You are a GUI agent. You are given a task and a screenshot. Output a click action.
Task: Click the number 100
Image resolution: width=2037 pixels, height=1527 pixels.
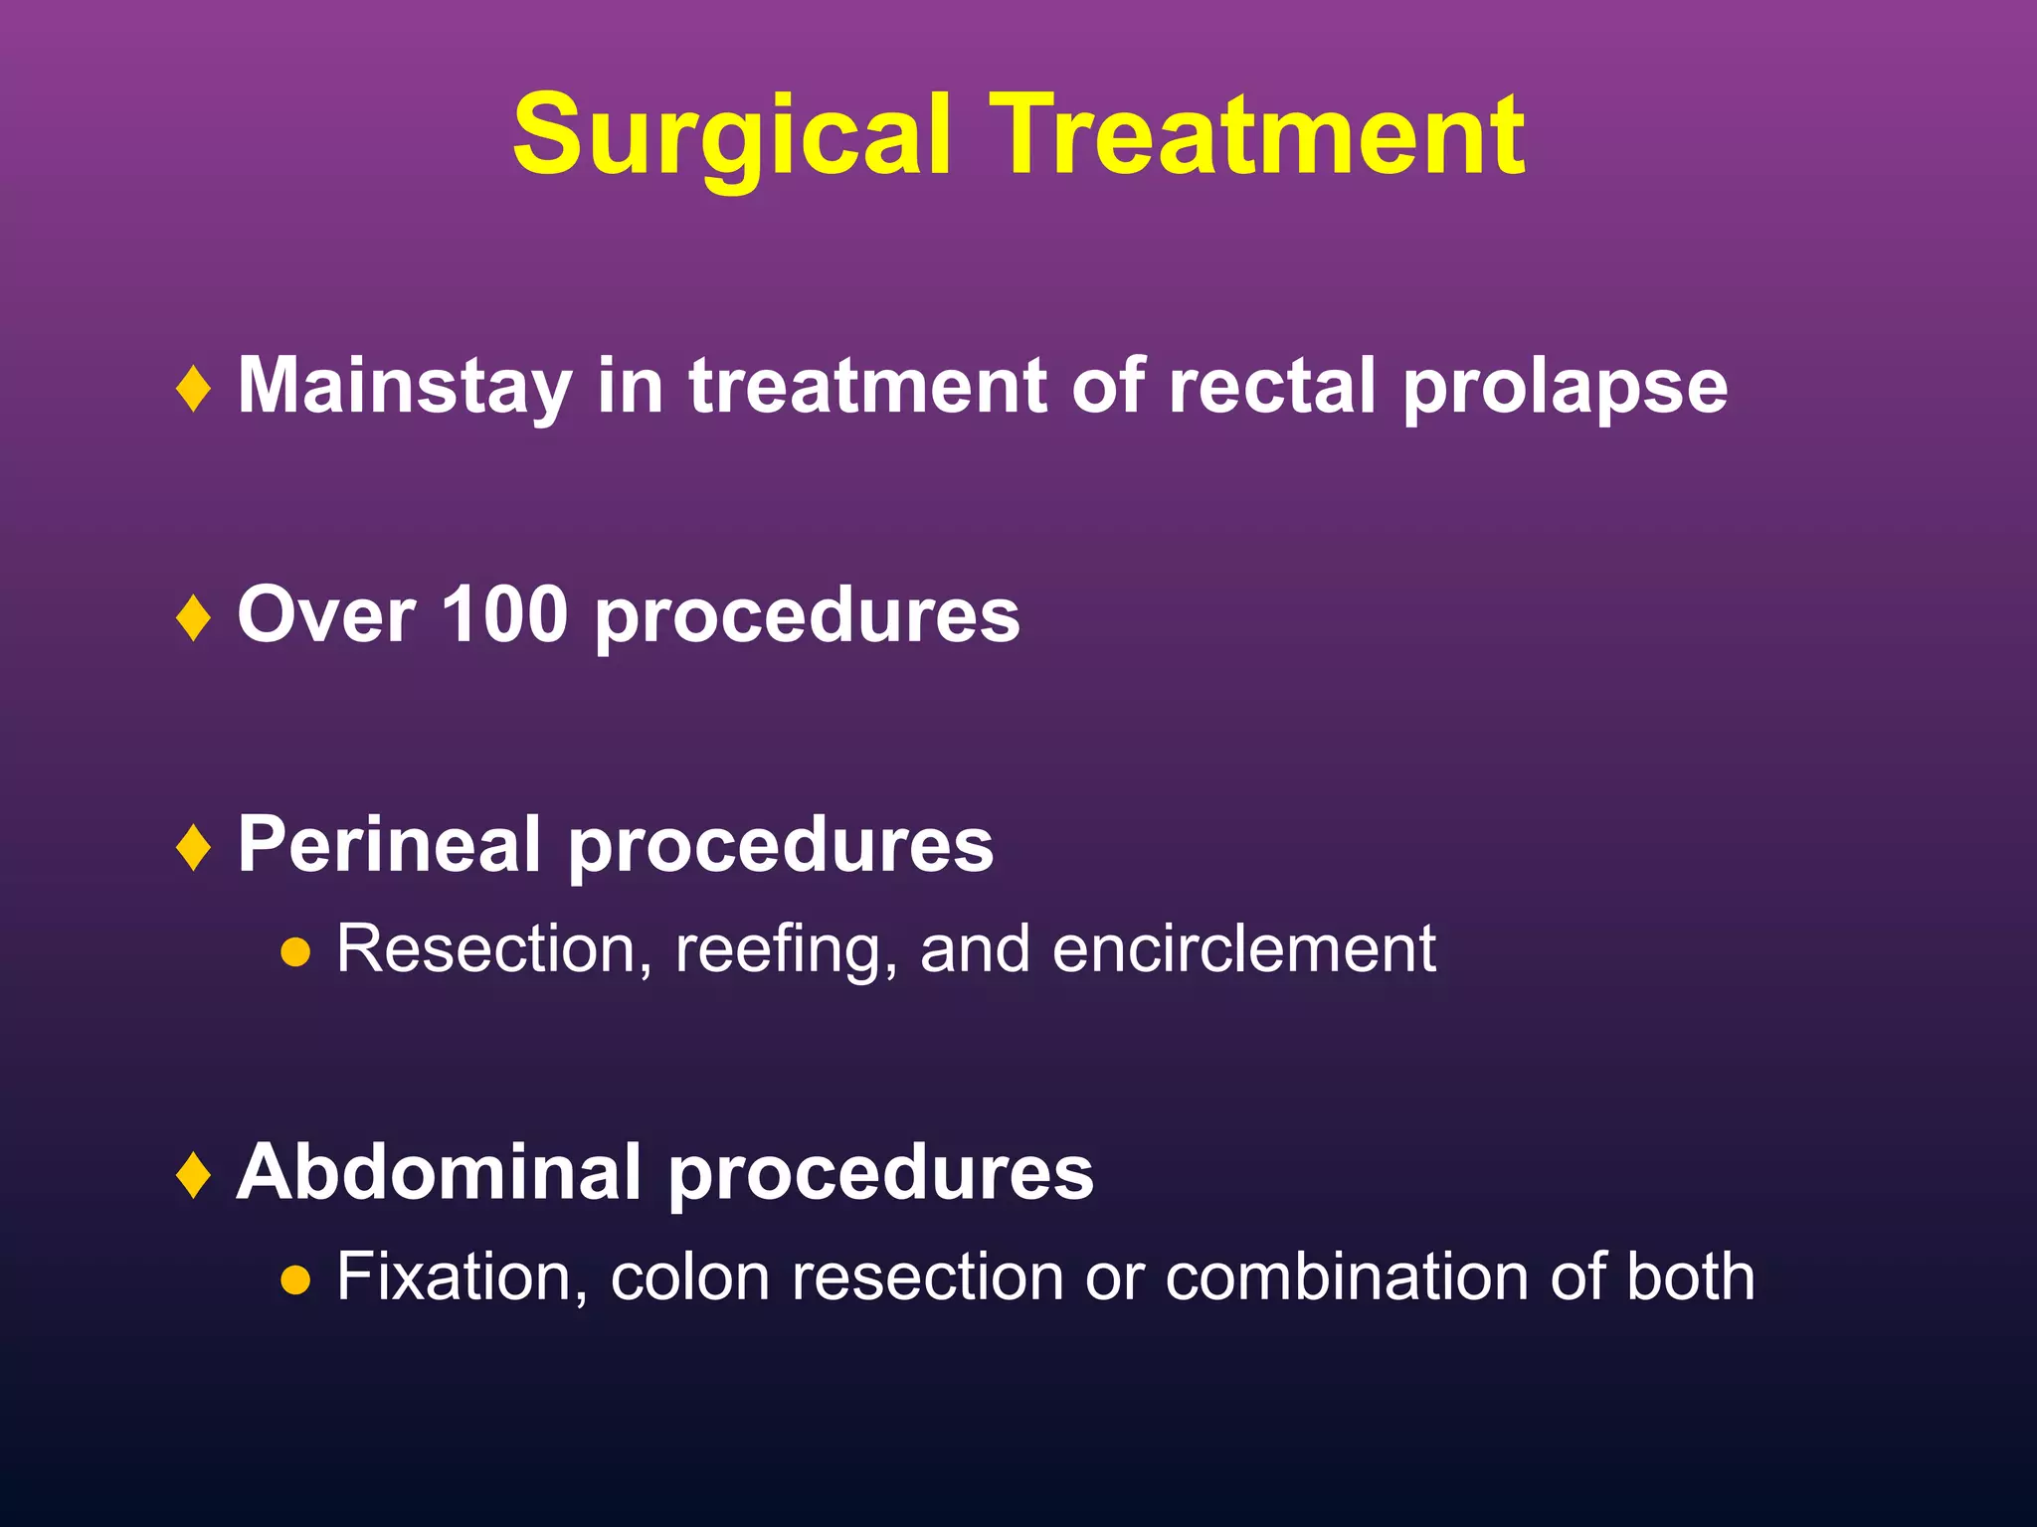coord(504,615)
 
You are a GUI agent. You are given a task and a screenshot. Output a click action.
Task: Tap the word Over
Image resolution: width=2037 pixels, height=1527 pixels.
coord(325,616)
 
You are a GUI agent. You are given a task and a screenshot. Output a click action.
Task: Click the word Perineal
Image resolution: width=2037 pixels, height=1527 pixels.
coord(388,845)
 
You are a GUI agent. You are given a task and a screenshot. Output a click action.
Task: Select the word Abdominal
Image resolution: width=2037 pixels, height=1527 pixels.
coord(438,1173)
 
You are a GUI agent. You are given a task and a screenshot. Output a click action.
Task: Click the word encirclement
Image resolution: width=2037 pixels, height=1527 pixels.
coord(1244,949)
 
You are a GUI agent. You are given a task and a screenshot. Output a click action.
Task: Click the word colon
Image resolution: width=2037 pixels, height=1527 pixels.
coord(689,1277)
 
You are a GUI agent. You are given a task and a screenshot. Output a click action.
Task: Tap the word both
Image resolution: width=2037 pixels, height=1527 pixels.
coord(1690,1277)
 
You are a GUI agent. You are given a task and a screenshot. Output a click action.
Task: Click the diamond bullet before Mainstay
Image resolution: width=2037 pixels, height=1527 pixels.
coord(193,389)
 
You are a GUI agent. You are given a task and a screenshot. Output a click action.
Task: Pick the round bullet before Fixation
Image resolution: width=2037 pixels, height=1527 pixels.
coord(295,1280)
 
